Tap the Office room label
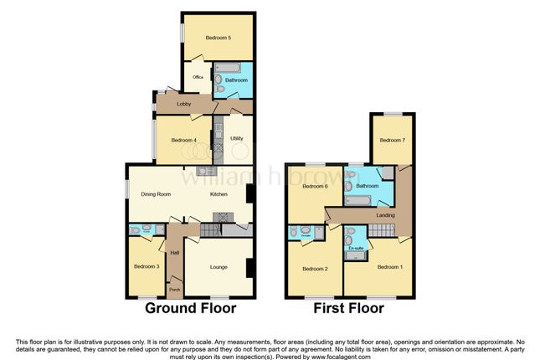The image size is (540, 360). click(198, 77)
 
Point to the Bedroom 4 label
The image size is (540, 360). click(183, 140)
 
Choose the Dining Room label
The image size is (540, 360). click(156, 194)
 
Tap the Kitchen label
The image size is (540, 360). click(219, 194)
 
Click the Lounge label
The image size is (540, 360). click(218, 267)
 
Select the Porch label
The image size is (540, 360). click(175, 291)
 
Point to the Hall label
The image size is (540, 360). click(175, 252)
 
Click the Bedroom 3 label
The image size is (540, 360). click(146, 267)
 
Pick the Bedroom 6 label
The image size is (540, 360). click(314, 186)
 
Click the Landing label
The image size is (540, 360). click(386, 215)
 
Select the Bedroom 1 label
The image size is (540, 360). click(389, 267)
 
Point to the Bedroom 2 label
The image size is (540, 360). click(314, 269)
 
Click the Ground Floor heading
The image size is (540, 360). click(191, 308)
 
